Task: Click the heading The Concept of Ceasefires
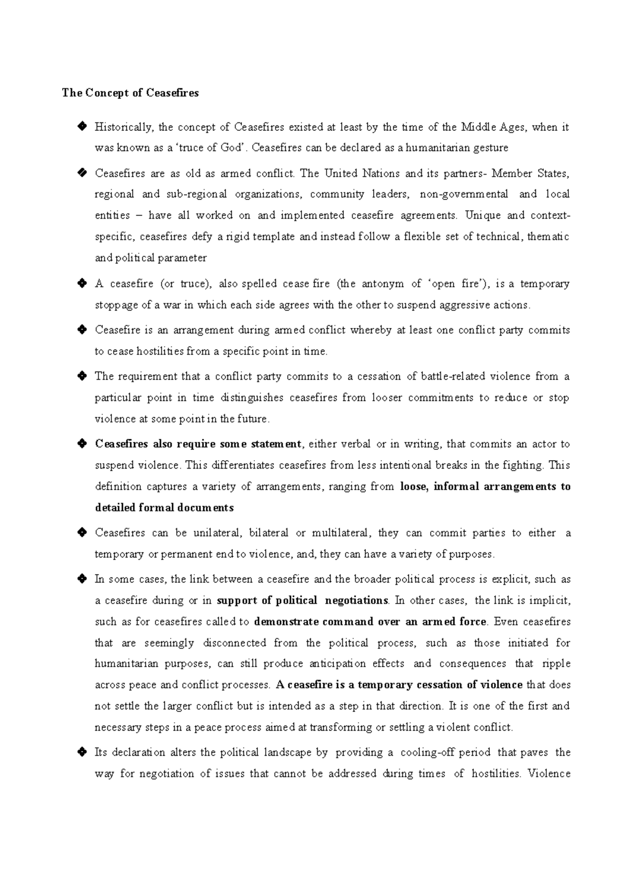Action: (x=130, y=93)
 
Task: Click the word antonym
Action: (x=383, y=283)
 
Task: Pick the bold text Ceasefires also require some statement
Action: (x=198, y=444)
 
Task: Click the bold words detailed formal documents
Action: (x=164, y=508)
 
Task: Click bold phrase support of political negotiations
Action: (x=302, y=600)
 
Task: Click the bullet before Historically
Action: (x=82, y=126)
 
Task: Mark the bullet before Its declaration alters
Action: (x=82, y=752)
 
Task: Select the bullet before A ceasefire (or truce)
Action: (x=82, y=283)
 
